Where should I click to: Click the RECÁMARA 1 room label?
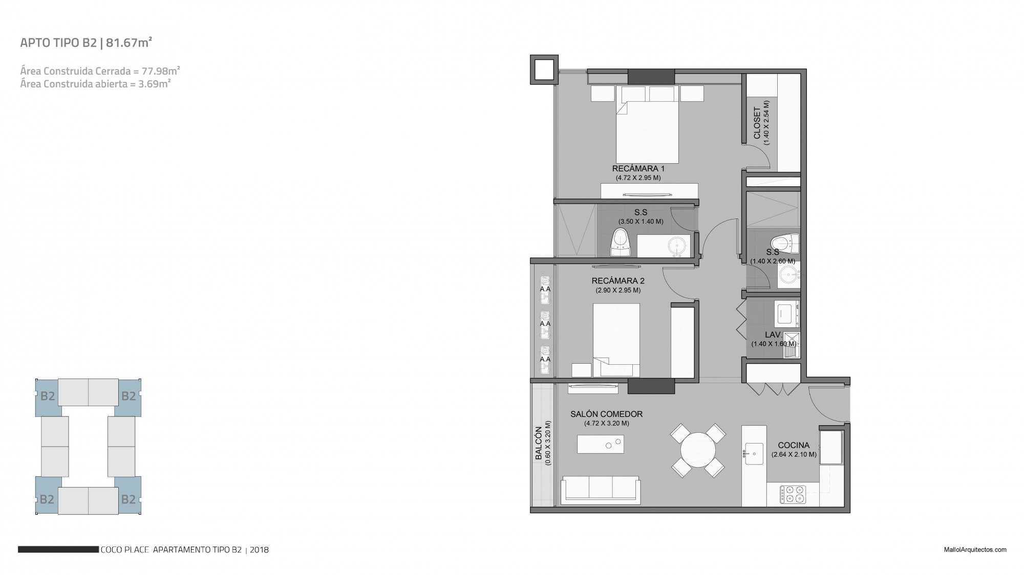(x=638, y=168)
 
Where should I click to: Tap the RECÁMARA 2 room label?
(x=618, y=281)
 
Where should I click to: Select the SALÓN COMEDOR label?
(x=607, y=414)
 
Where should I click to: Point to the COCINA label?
(x=794, y=446)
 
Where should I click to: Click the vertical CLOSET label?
(x=757, y=123)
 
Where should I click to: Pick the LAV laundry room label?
(x=773, y=335)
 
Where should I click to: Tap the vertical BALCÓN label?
(x=539, y=443)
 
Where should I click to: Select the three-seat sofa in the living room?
(x=601, y=490)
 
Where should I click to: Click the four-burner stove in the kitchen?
(x=793, y=495)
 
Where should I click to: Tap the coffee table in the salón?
(x=601, y=444)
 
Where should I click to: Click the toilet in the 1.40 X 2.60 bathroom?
(x=785, y=243)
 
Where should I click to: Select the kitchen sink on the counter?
(x=754, y=453)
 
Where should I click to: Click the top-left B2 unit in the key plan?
(x=48, y=397)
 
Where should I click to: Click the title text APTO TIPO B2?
(x=58, y=43)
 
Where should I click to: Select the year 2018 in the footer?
(x=259, y=550)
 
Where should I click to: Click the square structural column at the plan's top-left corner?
(x=544, y=69)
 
